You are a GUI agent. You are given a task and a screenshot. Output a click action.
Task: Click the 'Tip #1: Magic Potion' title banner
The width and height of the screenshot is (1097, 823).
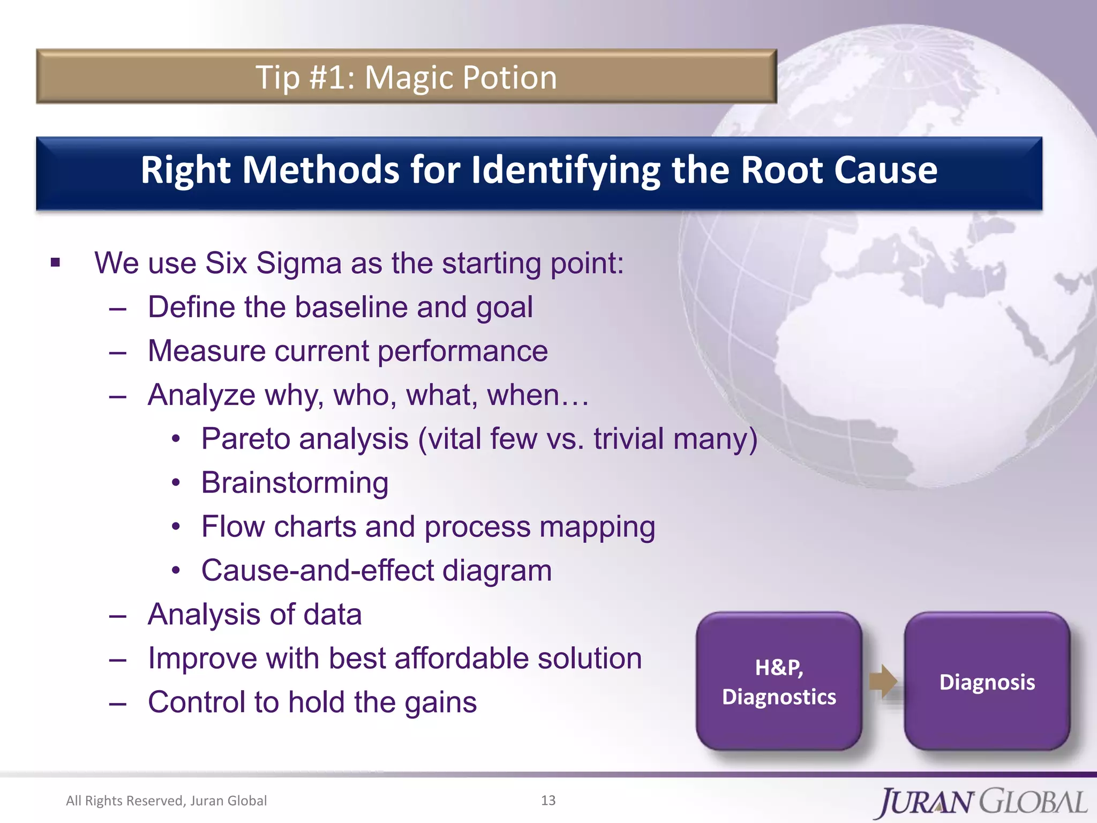click(406, 77)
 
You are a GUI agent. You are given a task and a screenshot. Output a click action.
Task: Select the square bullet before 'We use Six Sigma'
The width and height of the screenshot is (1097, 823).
click(56, 263)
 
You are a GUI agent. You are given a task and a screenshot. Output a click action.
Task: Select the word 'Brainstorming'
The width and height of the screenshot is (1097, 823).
click(295, 483)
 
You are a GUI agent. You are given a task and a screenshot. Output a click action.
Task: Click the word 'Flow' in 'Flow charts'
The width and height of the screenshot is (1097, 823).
click(232, 527)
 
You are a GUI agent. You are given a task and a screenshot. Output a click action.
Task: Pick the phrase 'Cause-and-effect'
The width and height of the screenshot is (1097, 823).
click(318, 571)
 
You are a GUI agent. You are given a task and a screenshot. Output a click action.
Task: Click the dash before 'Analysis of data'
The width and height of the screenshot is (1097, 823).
click(117, 616)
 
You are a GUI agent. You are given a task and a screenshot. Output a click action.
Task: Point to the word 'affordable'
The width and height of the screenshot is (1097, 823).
click(461, 659)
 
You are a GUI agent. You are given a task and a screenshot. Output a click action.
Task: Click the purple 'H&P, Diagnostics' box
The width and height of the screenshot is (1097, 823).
click(779, 682)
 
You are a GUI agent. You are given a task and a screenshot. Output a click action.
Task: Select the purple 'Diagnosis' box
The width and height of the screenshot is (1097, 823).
click(987, 682)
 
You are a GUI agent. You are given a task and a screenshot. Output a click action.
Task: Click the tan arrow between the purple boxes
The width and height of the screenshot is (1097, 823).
click(883, 682)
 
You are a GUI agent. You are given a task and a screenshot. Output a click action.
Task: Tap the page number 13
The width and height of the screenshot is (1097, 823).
click(548, 800)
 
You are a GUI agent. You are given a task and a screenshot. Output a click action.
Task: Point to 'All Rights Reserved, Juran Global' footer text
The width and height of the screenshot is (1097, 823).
click(166, 801)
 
